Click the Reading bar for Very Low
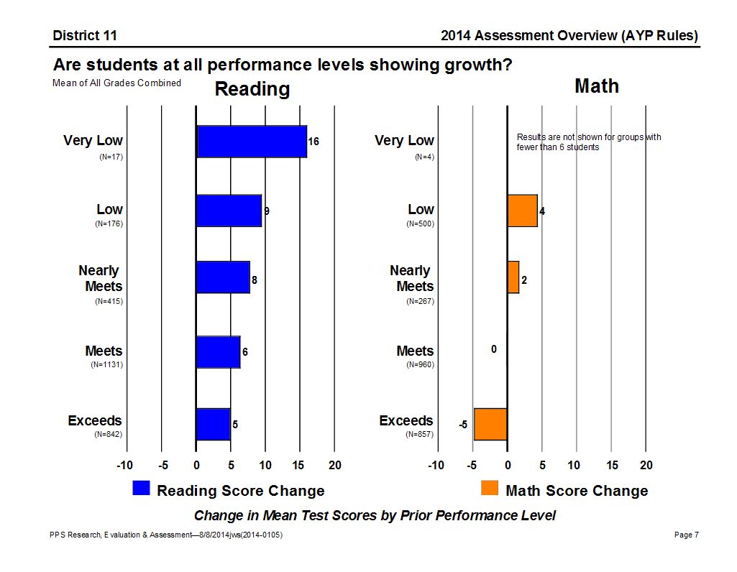pyautogui.click(x=252, y=142)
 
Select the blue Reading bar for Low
pyautogui.click(x=229, y=211)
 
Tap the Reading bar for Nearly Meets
pyautogui.click(x=223, y=277)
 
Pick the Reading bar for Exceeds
pyautogui.click(x=213, y=424)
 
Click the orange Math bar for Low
pyautogui.click(x=522, y=211)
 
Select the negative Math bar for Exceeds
pyautogui.click(x=490, y=424)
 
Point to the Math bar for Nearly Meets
pyautogui.click(x=513, y=277)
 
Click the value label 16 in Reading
pyautogui.click(x=313, y=142)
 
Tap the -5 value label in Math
pyautogui.click(x=464, y=425)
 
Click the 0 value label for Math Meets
pyautogui.click(x=494, y=349)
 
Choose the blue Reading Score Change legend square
pyautogui.click(x=141, y=489)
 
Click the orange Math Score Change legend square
pyautogui.click(x=490, y=489)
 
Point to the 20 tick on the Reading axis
pyautogui.click(x=334, y=466)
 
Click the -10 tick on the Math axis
pyautogui.click(x=436, y=466)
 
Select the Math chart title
pyautogui.click(x=596, y=86)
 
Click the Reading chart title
pyautogui.click(x=252, y=89)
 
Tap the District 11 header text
pyautogui.click(x=85, y=36)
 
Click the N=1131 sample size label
pyautogui.click(x=106, y=365)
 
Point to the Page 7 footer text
pyautogui.click(x=687, y=535)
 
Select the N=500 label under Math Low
pyautogui.click(x=421, y=224)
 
